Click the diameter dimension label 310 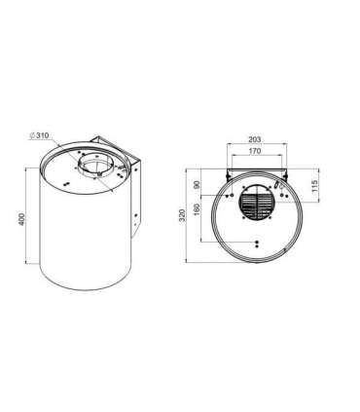point(42,135)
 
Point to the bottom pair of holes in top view point(254,243)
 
